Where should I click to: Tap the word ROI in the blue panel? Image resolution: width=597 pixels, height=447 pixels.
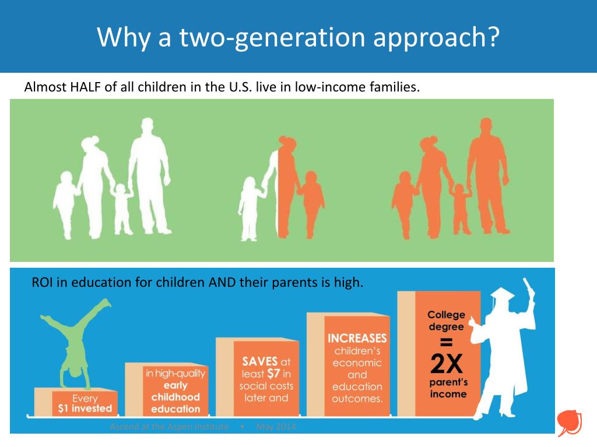42,283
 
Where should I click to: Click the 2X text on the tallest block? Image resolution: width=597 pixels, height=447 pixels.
447,364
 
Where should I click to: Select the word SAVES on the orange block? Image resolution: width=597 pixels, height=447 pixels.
260,361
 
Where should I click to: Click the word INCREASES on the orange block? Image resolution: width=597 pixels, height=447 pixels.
357,338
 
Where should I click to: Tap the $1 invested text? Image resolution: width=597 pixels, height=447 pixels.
85,409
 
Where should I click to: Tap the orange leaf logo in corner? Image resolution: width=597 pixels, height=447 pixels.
567,421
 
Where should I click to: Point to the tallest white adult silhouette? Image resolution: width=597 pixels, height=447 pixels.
148,175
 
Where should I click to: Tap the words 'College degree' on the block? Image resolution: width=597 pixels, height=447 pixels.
447,321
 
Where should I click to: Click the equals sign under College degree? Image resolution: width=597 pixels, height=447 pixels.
447,342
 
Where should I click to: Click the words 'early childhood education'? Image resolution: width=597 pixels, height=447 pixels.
175,397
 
